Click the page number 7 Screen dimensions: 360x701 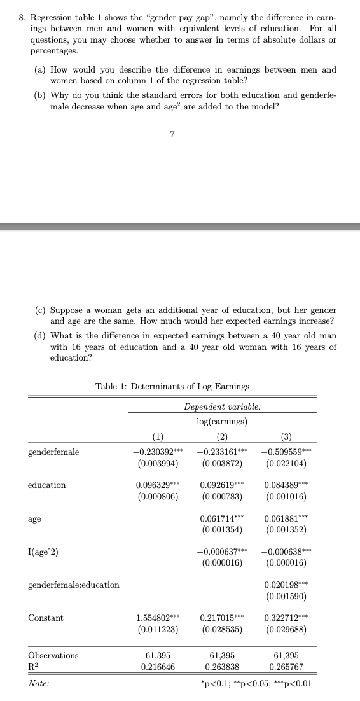[172, 134]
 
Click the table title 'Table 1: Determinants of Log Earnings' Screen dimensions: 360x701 [172, 386]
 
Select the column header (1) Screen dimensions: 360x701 [156, 436]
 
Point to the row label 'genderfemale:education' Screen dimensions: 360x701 [74, 585]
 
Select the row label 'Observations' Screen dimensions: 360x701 [53, 655]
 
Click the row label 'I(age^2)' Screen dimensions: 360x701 [45, 552]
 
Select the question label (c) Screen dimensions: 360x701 [39, 310]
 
